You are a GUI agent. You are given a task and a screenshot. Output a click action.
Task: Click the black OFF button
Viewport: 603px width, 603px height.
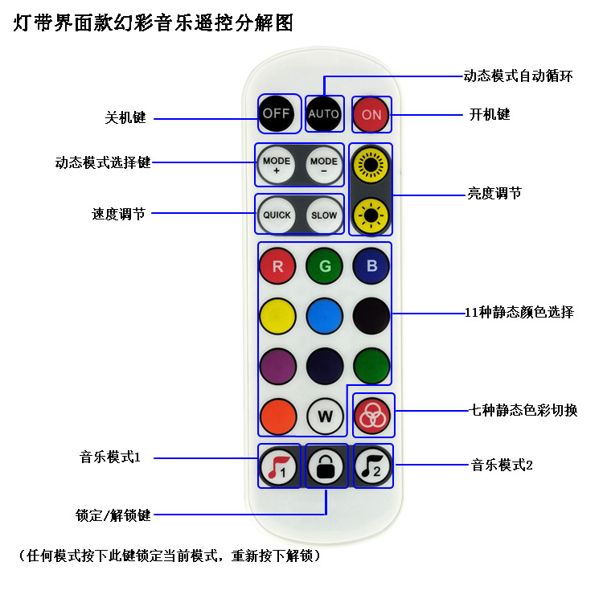[x=276, y=113]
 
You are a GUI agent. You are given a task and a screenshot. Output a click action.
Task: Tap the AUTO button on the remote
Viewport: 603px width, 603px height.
[x=324, y=113]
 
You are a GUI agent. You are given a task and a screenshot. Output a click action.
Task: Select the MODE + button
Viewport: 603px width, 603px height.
[x=277, y=166]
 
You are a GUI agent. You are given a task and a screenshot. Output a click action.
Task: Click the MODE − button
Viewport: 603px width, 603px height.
[x=324, y=166]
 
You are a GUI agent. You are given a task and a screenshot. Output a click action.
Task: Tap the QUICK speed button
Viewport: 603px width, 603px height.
[x=277, y=215]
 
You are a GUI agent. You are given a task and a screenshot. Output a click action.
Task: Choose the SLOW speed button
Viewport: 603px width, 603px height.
[x=324, y=215]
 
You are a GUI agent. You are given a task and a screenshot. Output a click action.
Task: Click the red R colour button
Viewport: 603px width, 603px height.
[x=277, y=266]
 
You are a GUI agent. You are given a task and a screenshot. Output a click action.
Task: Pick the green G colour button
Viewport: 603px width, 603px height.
[x=325, y=266]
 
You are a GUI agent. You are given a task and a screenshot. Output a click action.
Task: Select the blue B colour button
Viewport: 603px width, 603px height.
[x=371, y=266]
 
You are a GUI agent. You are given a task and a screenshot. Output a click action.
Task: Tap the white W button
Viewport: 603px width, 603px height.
[x=325, y=416]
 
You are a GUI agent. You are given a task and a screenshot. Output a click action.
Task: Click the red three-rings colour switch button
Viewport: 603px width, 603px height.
[x=372, y=416]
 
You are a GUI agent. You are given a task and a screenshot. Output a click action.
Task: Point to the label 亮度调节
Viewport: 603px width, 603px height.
[x=494, y=193]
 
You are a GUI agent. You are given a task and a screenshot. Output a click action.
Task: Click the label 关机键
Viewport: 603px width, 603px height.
[x=125, y=117]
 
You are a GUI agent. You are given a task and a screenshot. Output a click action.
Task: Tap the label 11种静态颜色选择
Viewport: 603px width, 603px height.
[x=519, y=312]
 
